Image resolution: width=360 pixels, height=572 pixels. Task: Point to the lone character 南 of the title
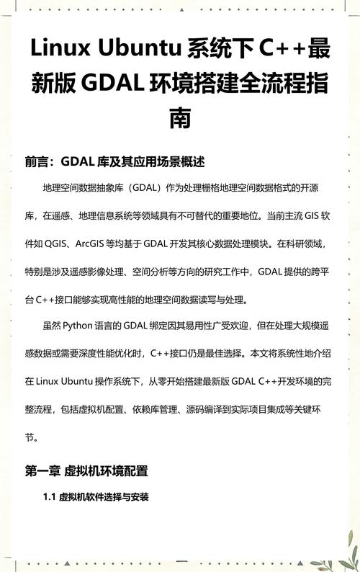(180, 118)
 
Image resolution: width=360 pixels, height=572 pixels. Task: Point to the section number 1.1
(49, 497)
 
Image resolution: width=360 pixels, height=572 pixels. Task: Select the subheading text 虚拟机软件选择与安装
(104, 497)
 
